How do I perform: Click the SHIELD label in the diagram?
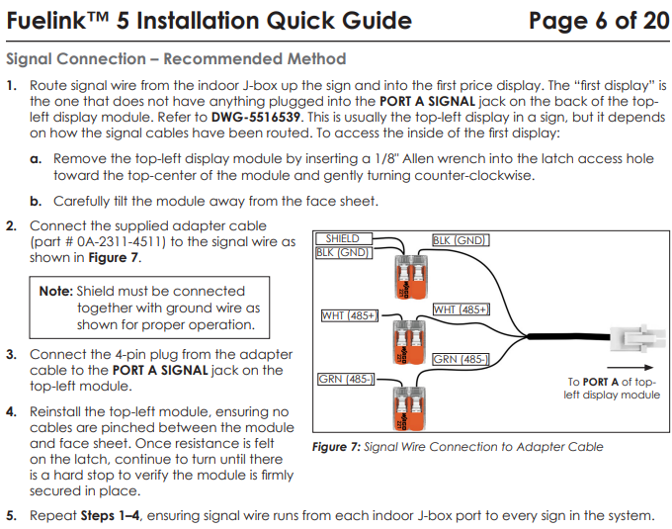point(342,238)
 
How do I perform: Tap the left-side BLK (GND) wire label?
point(343,252)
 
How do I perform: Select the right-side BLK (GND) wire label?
point(461,239)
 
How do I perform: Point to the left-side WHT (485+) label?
point(349,315)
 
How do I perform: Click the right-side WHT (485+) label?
point(461,309)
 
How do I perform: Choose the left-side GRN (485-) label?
point(344,380)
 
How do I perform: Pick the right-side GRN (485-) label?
point(461,359)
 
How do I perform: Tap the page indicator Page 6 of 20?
point(599,21)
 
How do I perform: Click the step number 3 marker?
point(11,354)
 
